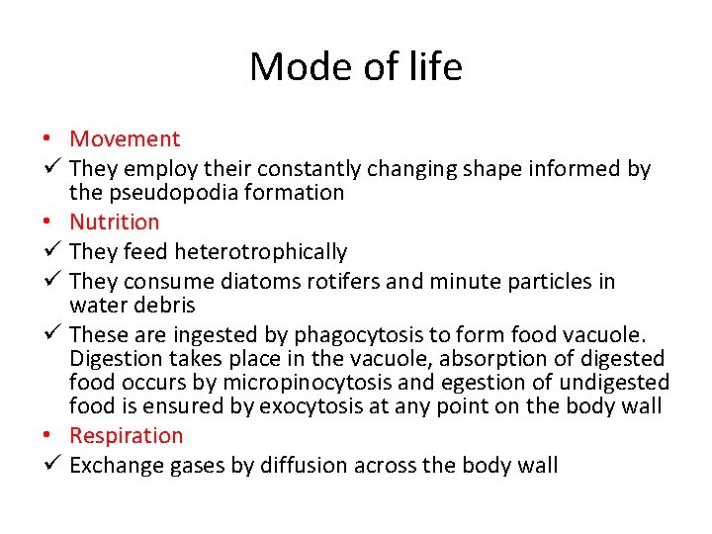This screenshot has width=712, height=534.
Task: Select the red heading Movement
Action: [x=126, y=139]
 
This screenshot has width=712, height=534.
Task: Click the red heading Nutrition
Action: [x=115, y=222]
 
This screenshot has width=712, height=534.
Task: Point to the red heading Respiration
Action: [x=127, y=436]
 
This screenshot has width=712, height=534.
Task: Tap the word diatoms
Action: [x=264, y=282]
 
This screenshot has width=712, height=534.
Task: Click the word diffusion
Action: [x=306, y=466]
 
